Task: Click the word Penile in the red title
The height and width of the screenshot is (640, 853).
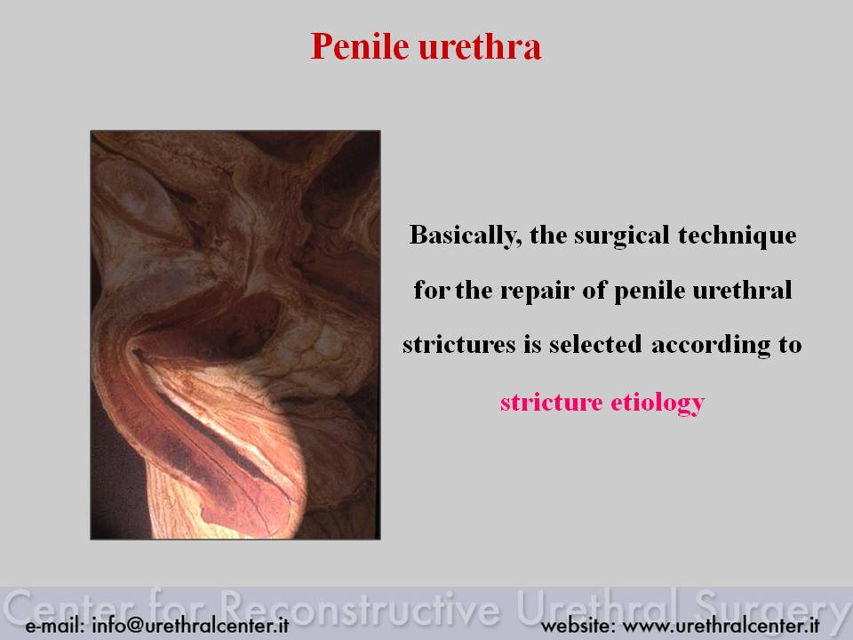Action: (359, 46)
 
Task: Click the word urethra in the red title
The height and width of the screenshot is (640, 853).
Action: (481, 46)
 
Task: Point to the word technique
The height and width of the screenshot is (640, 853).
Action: (737, 236)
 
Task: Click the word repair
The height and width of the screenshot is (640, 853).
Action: (538, 290)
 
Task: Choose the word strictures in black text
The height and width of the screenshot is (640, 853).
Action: (459, 345)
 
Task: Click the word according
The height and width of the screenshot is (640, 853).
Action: (711, 346)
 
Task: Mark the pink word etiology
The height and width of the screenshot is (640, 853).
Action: (658, 404)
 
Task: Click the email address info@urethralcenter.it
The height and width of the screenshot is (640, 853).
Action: (190, 625)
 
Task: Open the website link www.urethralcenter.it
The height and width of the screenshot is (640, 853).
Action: (721, 625)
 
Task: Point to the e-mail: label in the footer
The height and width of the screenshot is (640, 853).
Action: (55, 625)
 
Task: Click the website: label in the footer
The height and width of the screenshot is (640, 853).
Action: (578, 625)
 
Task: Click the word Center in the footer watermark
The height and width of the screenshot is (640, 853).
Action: (69, 607)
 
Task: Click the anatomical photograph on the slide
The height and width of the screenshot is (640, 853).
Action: (235, 335)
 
